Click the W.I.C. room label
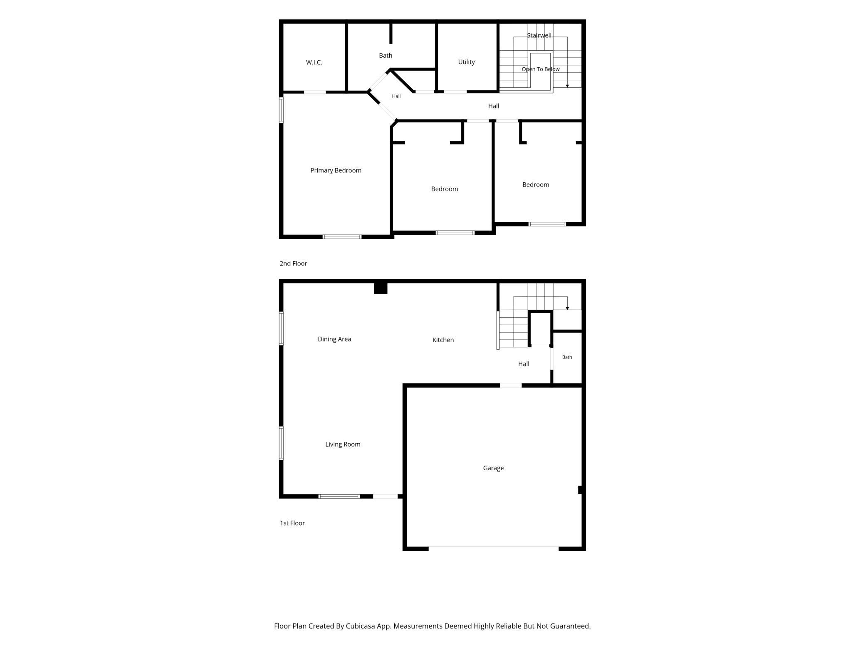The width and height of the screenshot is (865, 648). point(314,62)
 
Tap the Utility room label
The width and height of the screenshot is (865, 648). point(466,62)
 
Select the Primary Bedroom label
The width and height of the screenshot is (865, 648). point(336,170)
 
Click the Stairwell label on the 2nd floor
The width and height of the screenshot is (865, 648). point(539,35)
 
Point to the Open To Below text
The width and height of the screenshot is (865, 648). point(541,69)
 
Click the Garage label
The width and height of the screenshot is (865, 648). point(493,468)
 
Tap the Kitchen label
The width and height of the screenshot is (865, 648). point(443,340)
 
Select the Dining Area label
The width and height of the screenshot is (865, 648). point(334,339)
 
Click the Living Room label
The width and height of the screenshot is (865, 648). point(343,444)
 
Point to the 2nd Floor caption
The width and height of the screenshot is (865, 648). point(293,263)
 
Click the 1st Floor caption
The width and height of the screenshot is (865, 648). point(292,523)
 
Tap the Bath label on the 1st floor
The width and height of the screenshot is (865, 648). point(567,357)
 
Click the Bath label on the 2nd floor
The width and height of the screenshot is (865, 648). point(386,55)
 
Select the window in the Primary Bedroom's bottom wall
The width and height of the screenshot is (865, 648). point(342,237)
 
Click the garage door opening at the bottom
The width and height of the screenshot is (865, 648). point(494,549)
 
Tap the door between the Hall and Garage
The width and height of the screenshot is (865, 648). point(511,385)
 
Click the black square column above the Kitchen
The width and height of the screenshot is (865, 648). point(381,288)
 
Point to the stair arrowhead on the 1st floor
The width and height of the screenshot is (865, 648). point(567,308)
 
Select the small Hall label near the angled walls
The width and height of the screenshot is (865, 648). point(396,96)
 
